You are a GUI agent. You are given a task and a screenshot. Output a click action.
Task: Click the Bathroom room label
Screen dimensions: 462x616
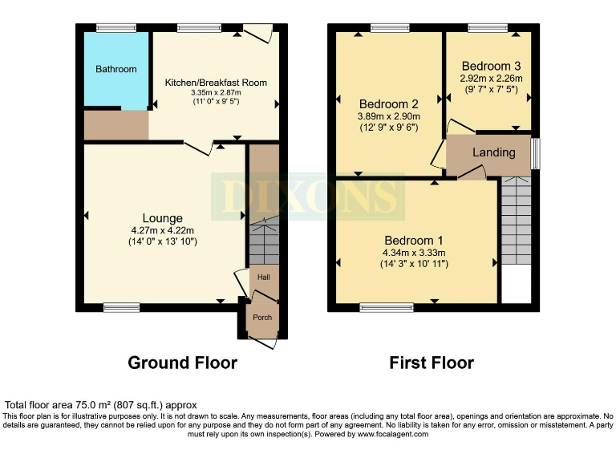tap(116, 70)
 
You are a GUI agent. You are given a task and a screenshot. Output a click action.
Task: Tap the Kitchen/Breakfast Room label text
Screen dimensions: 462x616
tap(216, 83)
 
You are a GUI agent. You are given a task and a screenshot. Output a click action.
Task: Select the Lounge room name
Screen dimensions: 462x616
tap(163, 218)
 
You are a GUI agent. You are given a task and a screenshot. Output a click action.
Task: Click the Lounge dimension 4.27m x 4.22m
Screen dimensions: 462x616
tap(163, 230)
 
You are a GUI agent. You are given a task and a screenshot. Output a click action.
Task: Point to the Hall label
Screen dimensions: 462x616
tap(263, 278)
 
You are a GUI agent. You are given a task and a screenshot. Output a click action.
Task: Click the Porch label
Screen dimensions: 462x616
tap(262, 318)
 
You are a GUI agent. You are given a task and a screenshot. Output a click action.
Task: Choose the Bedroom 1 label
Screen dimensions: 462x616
tap(415, 241)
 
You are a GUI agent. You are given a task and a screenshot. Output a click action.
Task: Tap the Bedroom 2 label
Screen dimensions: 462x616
tap(389, 104)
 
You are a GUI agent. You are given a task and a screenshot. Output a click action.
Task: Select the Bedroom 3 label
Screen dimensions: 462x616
tap(491, 66)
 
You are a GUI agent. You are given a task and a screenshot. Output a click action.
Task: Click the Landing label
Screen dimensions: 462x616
tap(493, 153)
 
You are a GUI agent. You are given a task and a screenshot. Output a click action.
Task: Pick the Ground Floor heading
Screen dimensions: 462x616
tap(183, 363)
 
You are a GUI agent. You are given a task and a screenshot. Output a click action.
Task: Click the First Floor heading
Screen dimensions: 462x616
tap(432, 363)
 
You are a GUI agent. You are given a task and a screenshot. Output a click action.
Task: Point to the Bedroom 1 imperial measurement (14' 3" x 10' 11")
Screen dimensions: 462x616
tap(415, 263)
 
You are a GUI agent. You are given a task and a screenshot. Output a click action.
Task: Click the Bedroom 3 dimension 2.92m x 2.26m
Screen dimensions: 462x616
tap(491, 79)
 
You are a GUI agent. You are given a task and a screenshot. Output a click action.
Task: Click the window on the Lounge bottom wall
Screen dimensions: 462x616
tap(121, 307)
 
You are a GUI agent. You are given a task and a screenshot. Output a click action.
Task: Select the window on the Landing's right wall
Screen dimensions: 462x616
tap(536, 153)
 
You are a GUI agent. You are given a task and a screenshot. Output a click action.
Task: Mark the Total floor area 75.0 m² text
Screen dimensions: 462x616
tap(101, 405)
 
